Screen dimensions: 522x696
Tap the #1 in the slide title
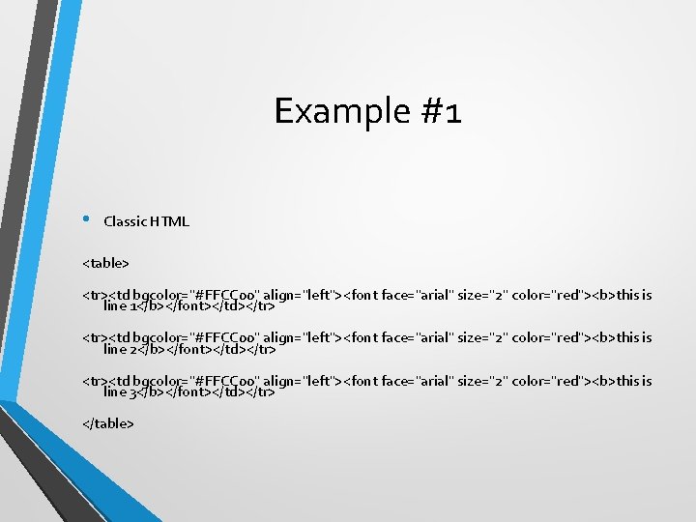point(441,111)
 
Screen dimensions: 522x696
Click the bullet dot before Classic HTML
point(85,218)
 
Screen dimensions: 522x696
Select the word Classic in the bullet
point(123,221)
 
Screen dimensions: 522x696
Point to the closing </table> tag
point(108,423)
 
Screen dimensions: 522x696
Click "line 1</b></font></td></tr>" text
point(189,306)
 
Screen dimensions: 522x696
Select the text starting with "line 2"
point(189,349)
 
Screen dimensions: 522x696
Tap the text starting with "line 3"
point(189,391)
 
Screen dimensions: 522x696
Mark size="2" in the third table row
point(480,381)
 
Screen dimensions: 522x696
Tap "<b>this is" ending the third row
point(621,381)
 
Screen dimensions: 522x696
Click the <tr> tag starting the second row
point(95,337)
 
